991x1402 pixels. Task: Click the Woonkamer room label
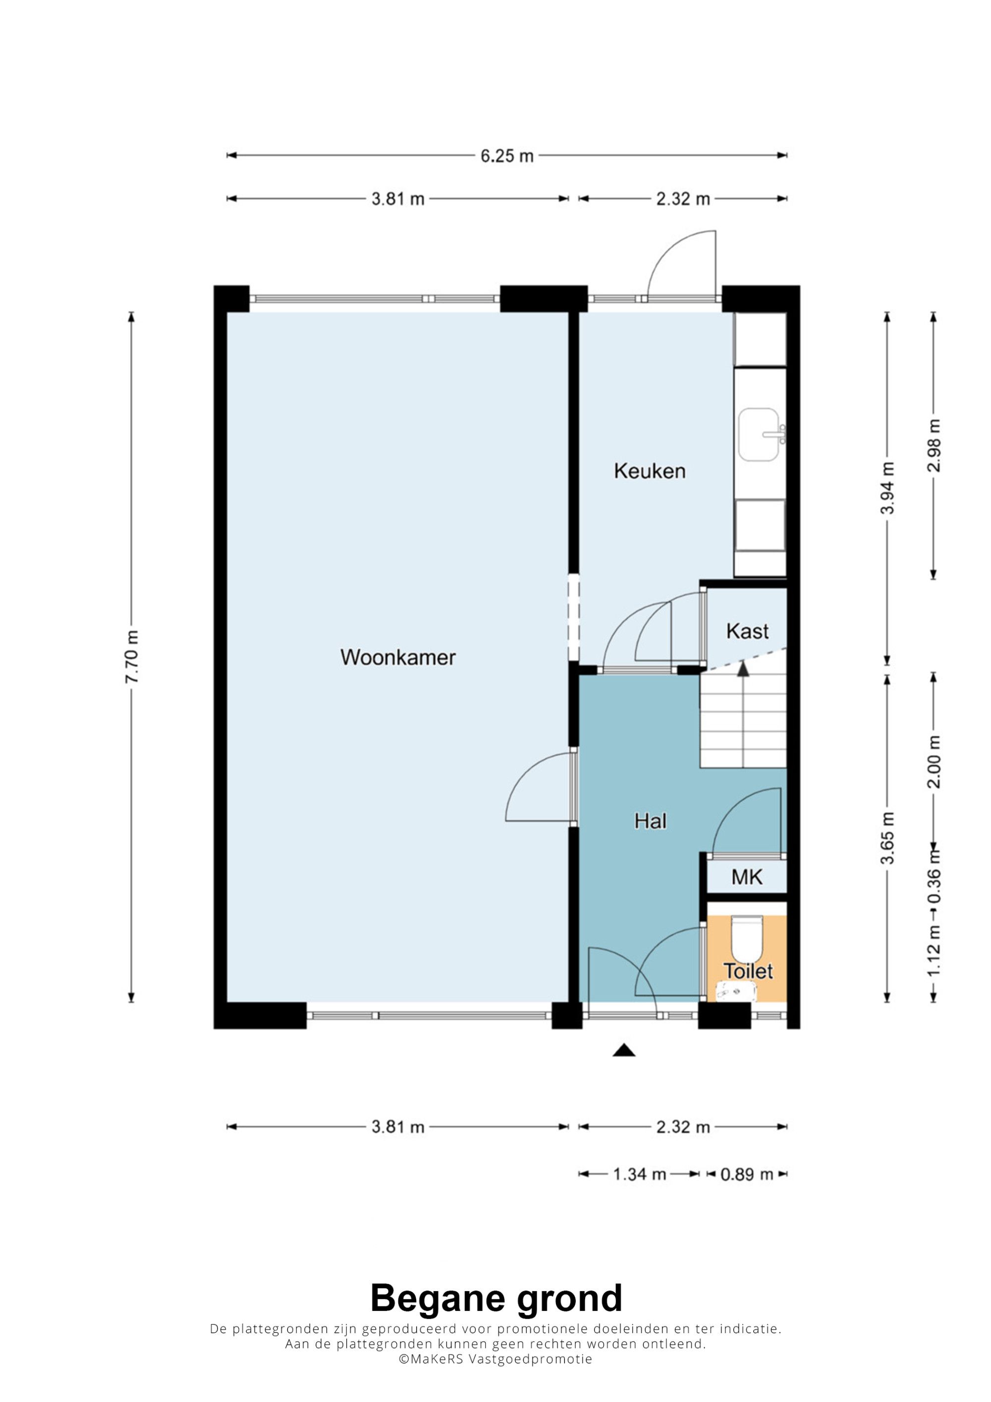[397, 657]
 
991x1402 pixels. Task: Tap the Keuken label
[650, 471]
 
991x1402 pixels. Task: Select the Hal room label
[650, 821]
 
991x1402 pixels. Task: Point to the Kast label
[747, 631]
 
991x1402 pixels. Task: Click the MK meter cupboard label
[747, 877]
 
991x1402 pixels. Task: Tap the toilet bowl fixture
[747, 938]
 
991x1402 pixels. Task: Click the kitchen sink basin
[759, 435]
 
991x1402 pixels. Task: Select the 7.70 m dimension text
[132, 656]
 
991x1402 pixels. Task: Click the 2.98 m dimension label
[934, 446]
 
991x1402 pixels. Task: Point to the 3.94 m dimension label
[887, 488]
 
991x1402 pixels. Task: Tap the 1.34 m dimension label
[639, 1174]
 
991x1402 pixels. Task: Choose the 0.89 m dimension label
[747, 1174]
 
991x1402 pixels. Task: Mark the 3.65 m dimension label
[887, 838]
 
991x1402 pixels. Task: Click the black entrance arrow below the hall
[624, 1050]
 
